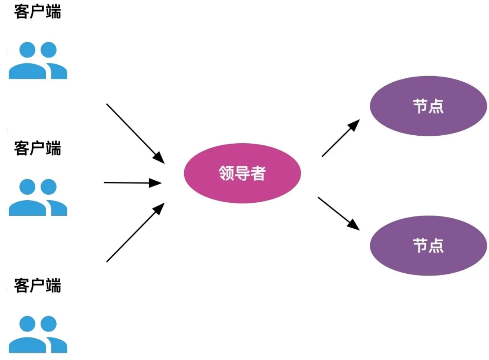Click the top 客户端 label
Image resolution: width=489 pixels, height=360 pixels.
[37, 12]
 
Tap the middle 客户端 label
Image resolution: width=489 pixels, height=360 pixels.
[37, 148]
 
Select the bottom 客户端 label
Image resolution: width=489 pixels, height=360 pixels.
[37, 286]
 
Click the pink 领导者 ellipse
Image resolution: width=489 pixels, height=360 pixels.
[242, 173]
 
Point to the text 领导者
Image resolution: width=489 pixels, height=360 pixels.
[242, 173]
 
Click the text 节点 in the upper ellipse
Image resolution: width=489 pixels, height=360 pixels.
[428, 107]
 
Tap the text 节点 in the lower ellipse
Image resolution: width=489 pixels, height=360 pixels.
[428, 246]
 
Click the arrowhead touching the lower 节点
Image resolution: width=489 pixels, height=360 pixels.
[354, 225]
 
